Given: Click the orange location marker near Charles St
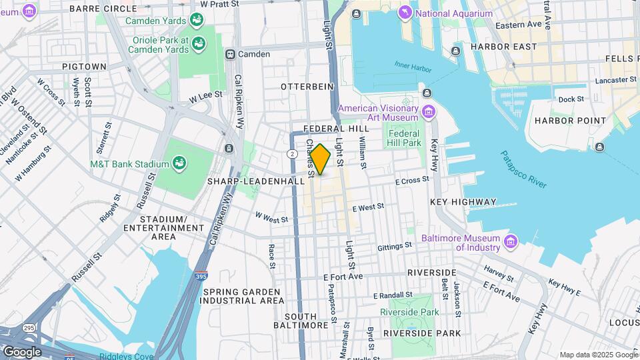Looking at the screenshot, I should [x=320, y=160].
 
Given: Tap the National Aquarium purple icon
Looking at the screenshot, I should [x=404, y=13].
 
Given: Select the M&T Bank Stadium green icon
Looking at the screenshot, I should [x=179, y=163].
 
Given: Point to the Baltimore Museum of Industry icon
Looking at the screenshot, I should [x=511, y=241].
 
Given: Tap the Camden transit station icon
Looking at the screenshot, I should [x=231, y=54].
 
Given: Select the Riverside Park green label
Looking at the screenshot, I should [x=409, y=312].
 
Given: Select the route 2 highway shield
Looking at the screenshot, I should [x=292, y=154].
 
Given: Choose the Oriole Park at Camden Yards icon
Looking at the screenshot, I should [x=198, y=44].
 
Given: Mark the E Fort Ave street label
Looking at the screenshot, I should [x=342, y=277].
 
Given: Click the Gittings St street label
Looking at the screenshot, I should [x=395, y=247].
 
